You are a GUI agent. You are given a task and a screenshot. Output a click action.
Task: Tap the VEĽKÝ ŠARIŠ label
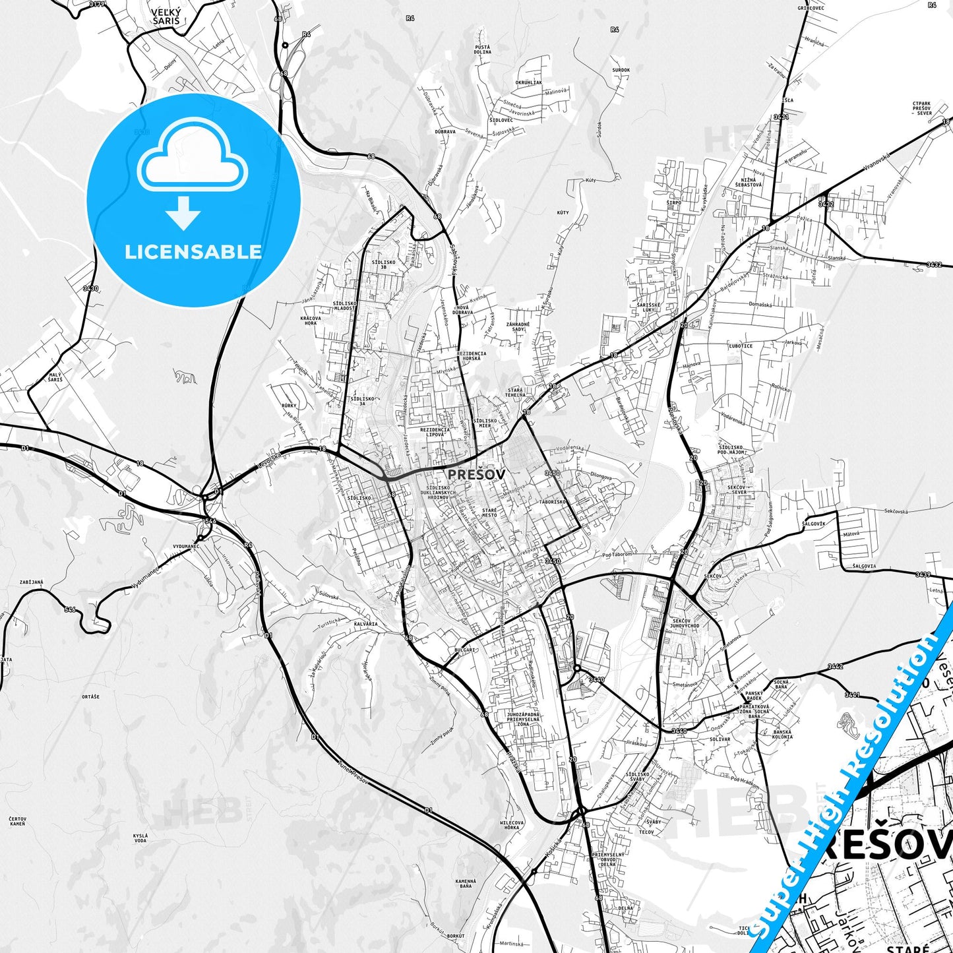[x=165, y=16]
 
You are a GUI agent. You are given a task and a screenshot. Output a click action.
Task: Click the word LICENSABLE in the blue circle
[x=193, y=252]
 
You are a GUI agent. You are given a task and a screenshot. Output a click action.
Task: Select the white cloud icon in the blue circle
[x=193, y=156]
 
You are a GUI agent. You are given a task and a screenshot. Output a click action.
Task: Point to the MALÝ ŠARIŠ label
[x=55, y=377]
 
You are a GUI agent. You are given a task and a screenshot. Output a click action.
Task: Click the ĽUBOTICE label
[x=740, y=346]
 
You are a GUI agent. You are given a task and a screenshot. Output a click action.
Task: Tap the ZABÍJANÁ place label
[x=32, y=582]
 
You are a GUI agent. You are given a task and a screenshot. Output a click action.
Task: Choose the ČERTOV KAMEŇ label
[x=18, y=821]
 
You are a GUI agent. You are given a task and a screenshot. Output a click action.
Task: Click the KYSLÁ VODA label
[x=140, y=838]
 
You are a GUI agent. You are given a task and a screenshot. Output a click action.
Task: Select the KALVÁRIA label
[x=365, y=624]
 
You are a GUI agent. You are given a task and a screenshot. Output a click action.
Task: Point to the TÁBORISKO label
[x=553, y=502]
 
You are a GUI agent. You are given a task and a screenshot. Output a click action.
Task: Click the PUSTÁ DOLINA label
[x=483, y=49]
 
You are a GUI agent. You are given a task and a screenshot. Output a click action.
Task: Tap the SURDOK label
[x=621, y=70]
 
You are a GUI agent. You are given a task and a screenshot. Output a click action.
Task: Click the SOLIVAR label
[x=720, y=739]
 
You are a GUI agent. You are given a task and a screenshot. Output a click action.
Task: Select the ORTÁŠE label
[x=91, y=696]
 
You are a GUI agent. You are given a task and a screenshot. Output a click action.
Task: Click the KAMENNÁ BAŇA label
[x=466, y=884]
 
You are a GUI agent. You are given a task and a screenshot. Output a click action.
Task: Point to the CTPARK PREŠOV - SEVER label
[x=922, y=108]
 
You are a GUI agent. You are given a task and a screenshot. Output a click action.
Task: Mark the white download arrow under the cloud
[x=183, y=213]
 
